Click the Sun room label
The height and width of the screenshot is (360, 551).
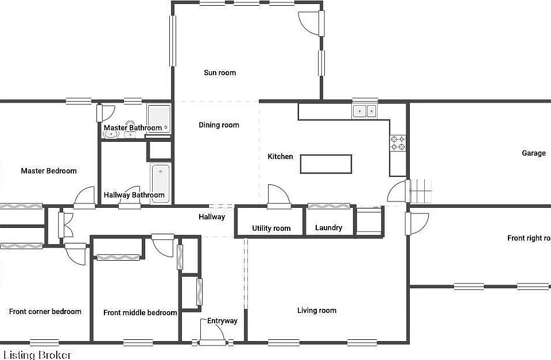(220, 73)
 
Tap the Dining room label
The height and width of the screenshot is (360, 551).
(219, 125)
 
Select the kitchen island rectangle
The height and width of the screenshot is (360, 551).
(326, 164)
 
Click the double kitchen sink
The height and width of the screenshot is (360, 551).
(364, 111)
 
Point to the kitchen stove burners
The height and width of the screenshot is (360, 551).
(398, 143)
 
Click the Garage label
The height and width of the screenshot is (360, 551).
(534, 153)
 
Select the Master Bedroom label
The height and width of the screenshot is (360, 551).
(49, 171)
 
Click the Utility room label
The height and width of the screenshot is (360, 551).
(271, 229)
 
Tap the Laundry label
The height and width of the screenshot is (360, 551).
(329, 228)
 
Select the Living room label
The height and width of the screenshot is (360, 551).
(317, 311)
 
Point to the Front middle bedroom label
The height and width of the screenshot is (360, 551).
(140, 313)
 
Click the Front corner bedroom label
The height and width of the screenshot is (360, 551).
(45, 312)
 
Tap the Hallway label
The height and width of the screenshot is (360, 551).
(212, 217)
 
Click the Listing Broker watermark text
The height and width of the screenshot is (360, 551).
(37, 355)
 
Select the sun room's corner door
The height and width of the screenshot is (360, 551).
(308, 22)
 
